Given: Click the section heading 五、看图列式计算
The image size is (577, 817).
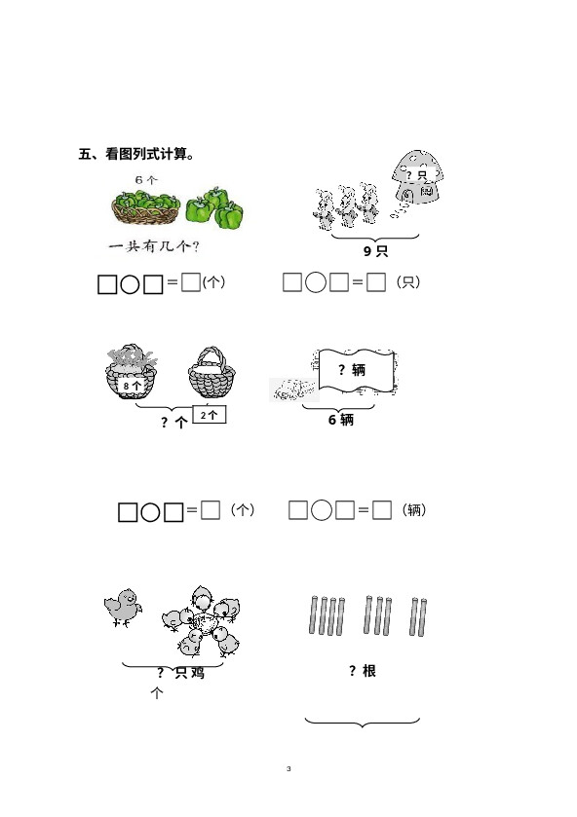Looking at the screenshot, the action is (x=136, y=154).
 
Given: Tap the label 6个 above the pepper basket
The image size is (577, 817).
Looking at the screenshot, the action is (x=146, y=180).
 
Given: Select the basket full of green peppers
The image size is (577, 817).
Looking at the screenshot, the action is (x=146, y=207).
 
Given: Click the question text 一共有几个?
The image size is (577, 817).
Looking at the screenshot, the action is (x=154, y=246).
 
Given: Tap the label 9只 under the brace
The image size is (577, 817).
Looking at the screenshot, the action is (x=375, y=251).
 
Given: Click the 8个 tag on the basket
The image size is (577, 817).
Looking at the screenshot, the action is (x=132, y=386).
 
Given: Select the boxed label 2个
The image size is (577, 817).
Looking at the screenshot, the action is (x=210, y=415).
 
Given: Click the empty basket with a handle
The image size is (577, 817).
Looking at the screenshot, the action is (x=212, y=372).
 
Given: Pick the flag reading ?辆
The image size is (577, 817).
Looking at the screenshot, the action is (x=356, y=370).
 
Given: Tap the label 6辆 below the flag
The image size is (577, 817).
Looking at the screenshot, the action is (x=341, y=420).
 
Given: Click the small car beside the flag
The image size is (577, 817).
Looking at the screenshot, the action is (x=294, y=390).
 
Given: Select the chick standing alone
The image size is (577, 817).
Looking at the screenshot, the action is (x=123, y=608).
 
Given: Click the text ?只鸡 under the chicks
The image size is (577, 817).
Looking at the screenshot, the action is (x=180, y=673).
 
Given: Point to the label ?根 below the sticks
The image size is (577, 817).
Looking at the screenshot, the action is (x=363, y=671).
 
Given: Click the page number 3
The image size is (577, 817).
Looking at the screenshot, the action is (x=288, y=768).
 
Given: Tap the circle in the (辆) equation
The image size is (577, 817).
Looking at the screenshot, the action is (x=322, y=510).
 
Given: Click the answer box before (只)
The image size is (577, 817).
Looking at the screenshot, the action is (x=376, y=282).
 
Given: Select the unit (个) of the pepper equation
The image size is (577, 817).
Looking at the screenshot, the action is (x=213, y=281).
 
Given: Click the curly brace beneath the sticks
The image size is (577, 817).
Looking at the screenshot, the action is (x=362, y=723).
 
